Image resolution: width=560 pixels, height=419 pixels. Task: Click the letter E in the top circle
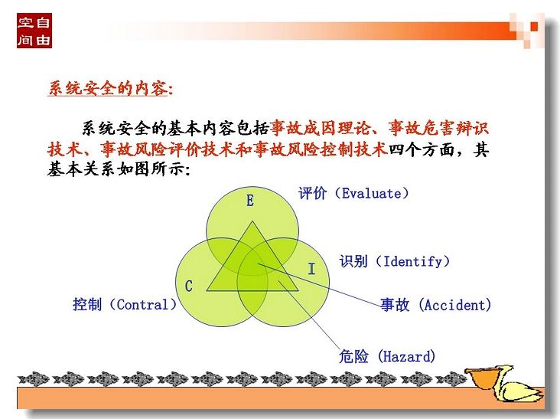click(x=250, y=200)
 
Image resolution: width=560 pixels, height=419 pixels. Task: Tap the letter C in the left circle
click(x=188, y=286)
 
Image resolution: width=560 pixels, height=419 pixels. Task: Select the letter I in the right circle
click(x=311, y=269)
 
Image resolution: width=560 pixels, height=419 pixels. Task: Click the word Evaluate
click(x=372, y=193)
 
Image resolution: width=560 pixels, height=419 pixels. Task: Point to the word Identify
click(x=412, y=262)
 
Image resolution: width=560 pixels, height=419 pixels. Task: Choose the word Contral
click(x=142, y=305)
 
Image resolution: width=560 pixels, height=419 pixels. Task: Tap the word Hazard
click(x=407, y=356)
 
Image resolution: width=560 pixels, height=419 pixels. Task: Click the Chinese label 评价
click(x=312, y=193)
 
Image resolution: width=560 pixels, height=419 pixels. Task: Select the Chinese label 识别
click(x=353, y=261)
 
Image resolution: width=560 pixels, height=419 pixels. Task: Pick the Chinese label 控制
click(x=87, y=305)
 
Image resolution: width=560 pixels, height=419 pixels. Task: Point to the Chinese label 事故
click(x=395, y=305)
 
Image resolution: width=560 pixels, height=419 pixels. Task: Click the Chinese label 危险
click(x=353, y=356)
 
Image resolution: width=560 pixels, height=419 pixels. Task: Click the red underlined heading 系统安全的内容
click(x=107, y=88)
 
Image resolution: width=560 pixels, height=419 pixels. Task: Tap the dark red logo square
click(x=34, y=31)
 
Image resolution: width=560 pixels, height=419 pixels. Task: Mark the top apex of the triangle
click(x=252, y=221)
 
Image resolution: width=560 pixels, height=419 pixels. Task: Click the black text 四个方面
click(x=421, y=149)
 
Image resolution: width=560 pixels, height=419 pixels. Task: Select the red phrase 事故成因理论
click(x=320, y=129)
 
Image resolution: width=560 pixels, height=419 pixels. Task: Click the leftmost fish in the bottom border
click(x=34, y=379)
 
